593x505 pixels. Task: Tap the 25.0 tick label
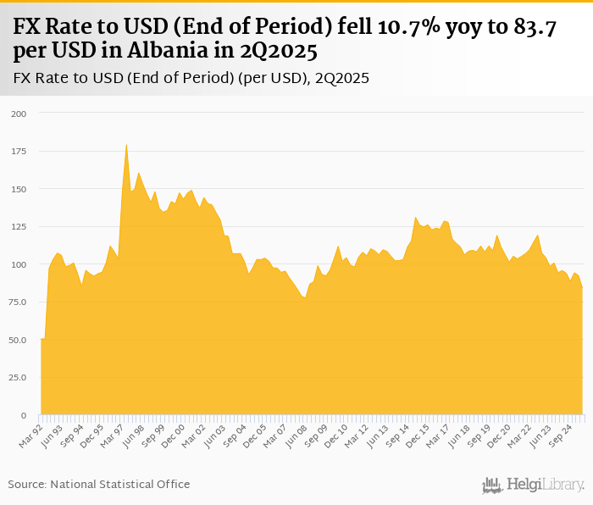[x=18, y=378]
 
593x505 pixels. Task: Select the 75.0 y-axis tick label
[x=18, y=302]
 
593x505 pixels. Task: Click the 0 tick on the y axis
[x=24, y=416]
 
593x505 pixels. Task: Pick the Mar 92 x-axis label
[x=31, y=435]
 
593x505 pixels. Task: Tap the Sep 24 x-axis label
[x=563, y=435]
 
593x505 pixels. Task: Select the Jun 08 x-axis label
[x=296, y=435]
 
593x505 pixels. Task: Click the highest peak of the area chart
[x=126, y=145]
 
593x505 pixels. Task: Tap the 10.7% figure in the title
[x=400, y=27]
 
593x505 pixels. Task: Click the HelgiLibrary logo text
[x=545, y=485]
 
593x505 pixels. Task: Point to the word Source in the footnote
[x=27, y=485]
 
